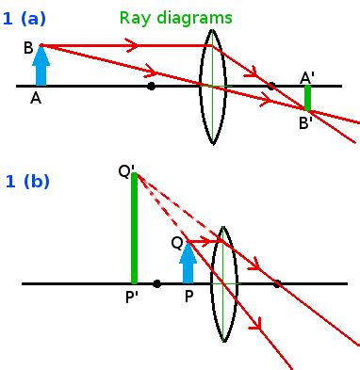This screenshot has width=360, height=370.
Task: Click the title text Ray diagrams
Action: pos(175,18)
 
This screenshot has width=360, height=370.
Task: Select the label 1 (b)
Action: pos(27,182)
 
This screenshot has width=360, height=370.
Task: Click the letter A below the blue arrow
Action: pos(36,98)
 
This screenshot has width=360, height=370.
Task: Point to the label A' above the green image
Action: pos(307,77)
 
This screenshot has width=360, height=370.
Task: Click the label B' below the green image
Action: pos(307,122)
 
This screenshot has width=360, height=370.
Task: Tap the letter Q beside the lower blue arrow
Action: pos(176,242)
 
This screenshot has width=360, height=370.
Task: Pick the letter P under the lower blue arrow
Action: pos(189,296)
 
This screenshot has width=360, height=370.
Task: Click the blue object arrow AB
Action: pos(41,66)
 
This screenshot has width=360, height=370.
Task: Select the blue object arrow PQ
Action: pos(188,263)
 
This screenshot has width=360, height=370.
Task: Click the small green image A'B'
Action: pos(307,98)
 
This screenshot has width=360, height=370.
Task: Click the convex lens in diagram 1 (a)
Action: pos(213,86)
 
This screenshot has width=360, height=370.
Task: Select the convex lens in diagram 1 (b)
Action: pos(223,282)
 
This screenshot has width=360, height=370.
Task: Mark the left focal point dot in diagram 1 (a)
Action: pos(152,86)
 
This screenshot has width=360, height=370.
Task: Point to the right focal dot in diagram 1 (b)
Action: pos(277,282)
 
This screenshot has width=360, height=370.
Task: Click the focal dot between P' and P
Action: pos(156,282)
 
